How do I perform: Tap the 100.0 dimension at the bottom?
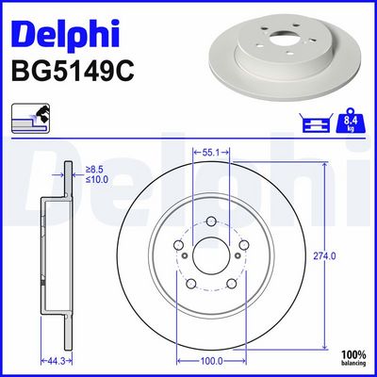pyautogui.click(x=211, y=360)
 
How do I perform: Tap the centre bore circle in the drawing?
pyautogui.click(x=211, y=254)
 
